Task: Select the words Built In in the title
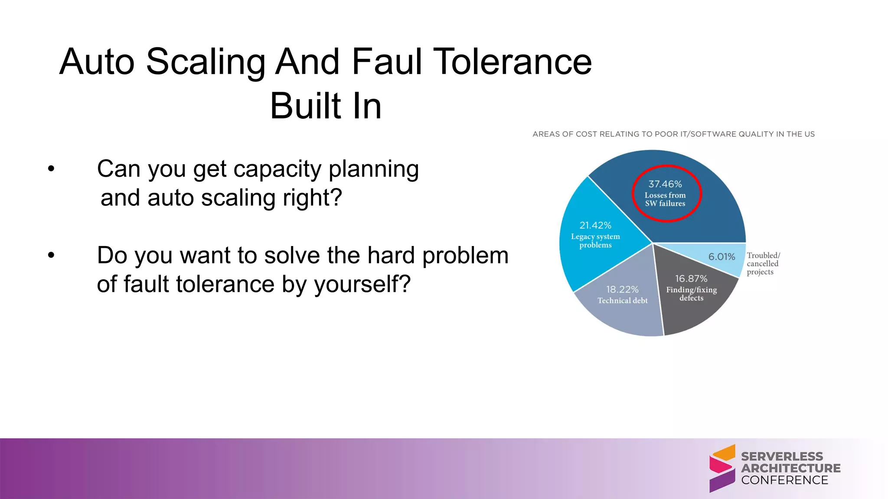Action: click(326, 106)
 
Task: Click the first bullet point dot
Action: click(51, 169)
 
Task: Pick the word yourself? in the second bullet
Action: click(362, 285)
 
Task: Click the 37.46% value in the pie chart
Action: click(665, 184)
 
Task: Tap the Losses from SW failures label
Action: click(665, 199)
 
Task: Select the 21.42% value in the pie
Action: click(595, 225)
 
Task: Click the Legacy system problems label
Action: click(595, 241)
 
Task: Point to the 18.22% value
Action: click(622, 289)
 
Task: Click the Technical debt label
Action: click(622, 301)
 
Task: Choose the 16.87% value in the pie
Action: click(691, 279)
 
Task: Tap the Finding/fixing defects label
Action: click(691, 294)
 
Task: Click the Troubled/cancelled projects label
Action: click(763, 264)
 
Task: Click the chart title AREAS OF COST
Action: click(673, 134)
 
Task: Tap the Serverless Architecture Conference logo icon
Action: click(722, 468)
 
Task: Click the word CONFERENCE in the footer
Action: click(784, 480)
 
